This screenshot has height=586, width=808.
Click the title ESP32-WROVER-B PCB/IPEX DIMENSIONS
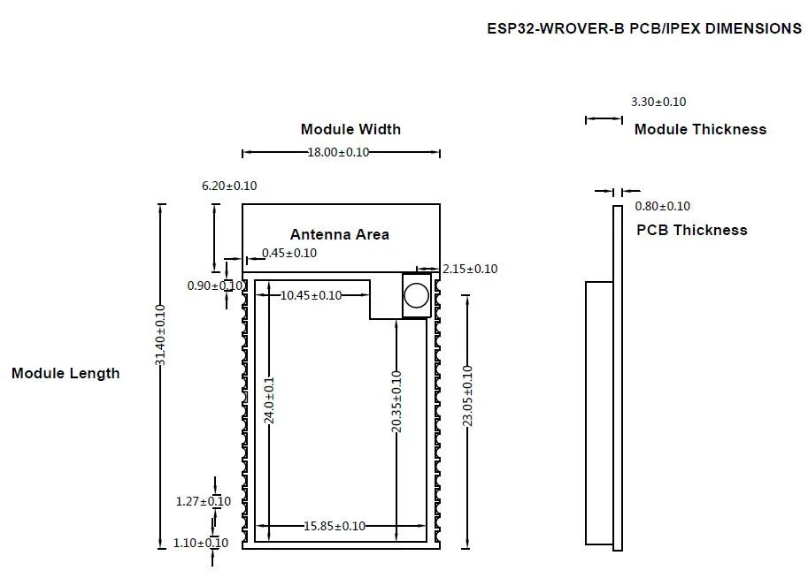tap(644, 28)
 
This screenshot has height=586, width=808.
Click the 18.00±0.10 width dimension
tap(339, 152)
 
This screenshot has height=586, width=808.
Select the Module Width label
tap(351, 129)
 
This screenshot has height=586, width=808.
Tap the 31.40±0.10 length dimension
tap(160, 335)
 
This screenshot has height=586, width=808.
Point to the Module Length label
tap(65, 374)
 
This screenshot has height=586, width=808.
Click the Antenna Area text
tap(340, 234)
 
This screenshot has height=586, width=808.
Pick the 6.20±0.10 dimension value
tap(229, 186)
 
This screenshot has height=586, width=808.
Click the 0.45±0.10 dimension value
tap(289, 253)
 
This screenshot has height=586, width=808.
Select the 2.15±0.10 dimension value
tap(470, 269)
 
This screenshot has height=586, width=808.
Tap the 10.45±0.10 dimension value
tap(311, 295)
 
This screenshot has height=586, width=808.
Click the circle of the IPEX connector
tap(416, 295)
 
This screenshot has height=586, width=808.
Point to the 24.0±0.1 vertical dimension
tap(269, 400)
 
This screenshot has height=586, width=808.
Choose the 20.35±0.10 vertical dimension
tap(396, 402)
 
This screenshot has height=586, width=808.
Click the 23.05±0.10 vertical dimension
tap(467, 396)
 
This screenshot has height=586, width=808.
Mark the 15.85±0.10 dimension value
tap(335, 526)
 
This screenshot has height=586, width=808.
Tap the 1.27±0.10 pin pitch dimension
tap(203, 501)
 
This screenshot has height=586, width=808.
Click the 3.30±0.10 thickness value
tap(658, 102)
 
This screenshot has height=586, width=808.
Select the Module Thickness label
tap(700, 129)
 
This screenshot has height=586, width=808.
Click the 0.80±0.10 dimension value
tap(662, 206)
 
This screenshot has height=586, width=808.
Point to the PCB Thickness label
tap(691, 230)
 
